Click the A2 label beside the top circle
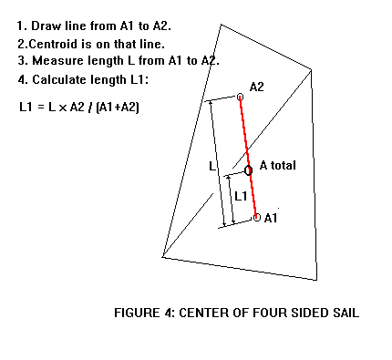click(257, 87)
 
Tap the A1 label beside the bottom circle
click(271, 218)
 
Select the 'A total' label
click(278, 165)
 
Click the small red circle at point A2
click(240, 96)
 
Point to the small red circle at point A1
click(256, 217)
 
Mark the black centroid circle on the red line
click(248, 170)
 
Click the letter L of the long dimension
click(212, 167)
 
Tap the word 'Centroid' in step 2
click(51, 43)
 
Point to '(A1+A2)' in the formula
click(118, 108)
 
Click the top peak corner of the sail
click(221, 24)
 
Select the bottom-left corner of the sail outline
click(162, 258)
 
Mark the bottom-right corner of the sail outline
click(316, 279)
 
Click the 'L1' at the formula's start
click(26, 108)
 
